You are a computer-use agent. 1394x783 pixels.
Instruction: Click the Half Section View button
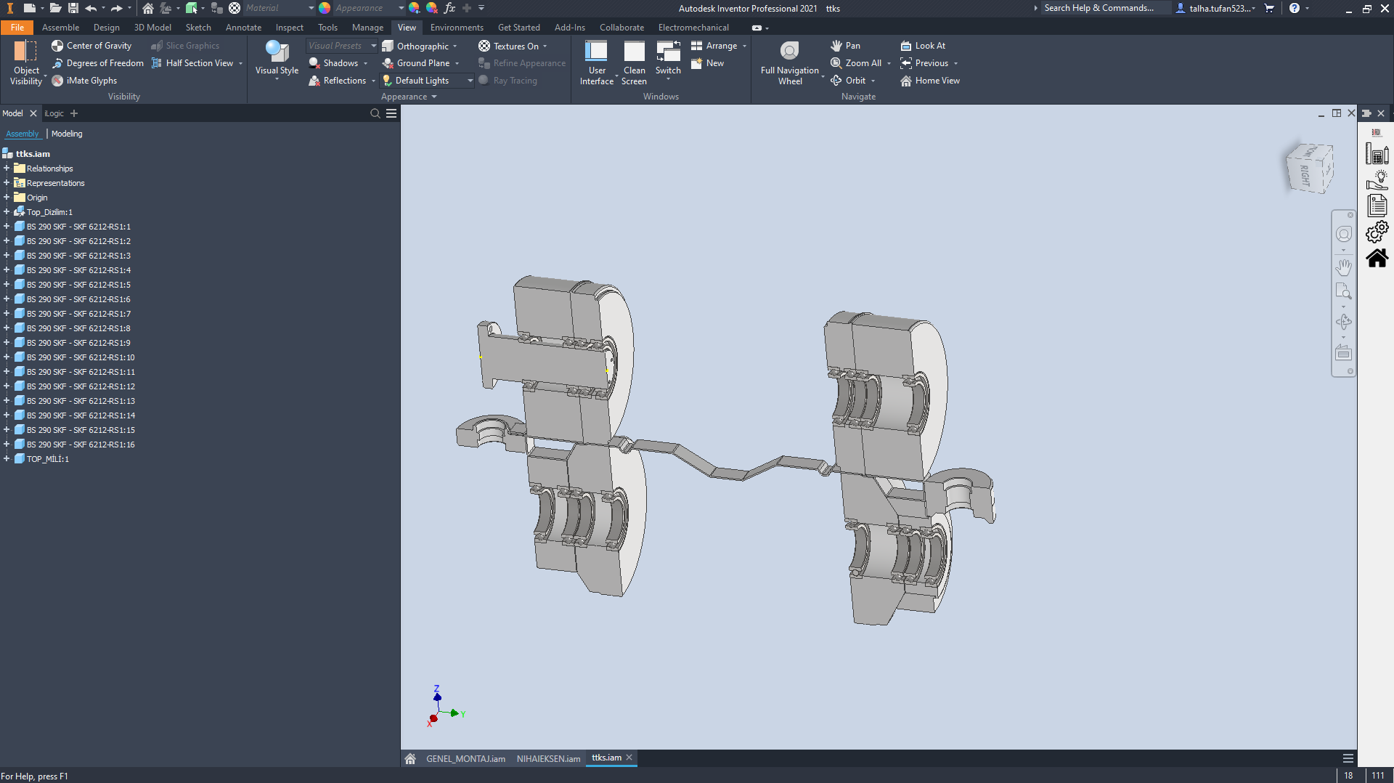199,63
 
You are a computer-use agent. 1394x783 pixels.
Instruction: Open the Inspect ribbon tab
289,28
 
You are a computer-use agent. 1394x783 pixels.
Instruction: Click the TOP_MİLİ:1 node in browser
48,459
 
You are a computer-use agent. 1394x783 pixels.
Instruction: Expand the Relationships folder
7,169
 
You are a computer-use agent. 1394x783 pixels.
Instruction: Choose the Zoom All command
863,63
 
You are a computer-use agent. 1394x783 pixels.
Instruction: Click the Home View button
937,81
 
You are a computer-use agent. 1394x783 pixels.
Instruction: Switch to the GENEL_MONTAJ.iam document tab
465,758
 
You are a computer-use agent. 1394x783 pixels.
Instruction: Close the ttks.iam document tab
629,758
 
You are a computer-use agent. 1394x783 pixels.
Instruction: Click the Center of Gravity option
99,46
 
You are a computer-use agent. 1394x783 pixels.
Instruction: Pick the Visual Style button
277,58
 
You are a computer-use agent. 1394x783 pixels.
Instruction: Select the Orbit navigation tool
855,81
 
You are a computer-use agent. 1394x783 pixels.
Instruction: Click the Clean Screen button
634,62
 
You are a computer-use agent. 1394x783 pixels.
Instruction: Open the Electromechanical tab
693,28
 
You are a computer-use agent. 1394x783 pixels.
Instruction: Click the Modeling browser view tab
67,134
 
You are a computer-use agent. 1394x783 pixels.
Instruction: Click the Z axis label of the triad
436,688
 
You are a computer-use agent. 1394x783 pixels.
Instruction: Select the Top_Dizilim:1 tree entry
49,212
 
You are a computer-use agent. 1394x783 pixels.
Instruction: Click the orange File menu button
17,28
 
